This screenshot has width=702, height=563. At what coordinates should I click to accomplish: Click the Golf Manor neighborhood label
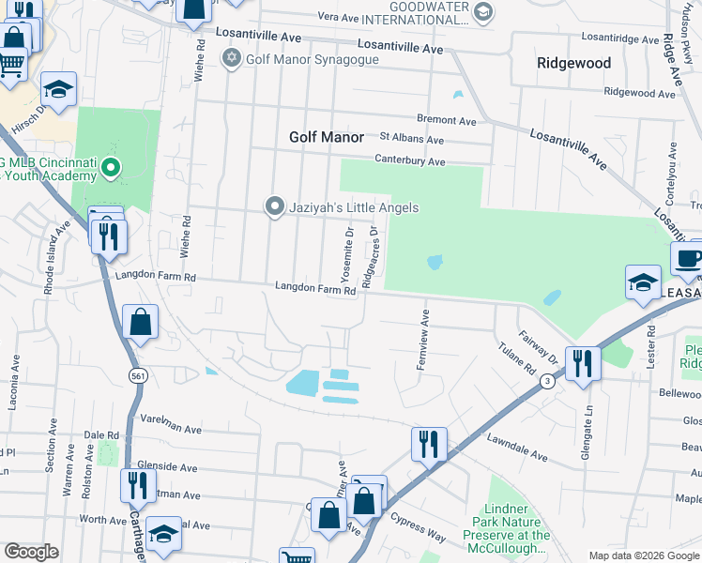point(326,137)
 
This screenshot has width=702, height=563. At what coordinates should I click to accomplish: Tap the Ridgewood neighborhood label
point(573,64)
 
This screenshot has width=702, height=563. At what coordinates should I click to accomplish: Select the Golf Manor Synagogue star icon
point(232,59)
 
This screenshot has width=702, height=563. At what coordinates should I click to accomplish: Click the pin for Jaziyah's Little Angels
point(274,206)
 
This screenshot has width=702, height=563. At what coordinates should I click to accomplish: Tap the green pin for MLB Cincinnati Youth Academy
point(111,170)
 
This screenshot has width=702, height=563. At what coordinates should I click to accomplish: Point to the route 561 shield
point(138,374)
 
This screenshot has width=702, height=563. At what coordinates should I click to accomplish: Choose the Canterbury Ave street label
point(411,161)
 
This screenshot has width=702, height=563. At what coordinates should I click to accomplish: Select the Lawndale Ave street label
point(516,446)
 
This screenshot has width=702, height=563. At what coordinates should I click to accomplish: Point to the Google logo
point(31,552)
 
